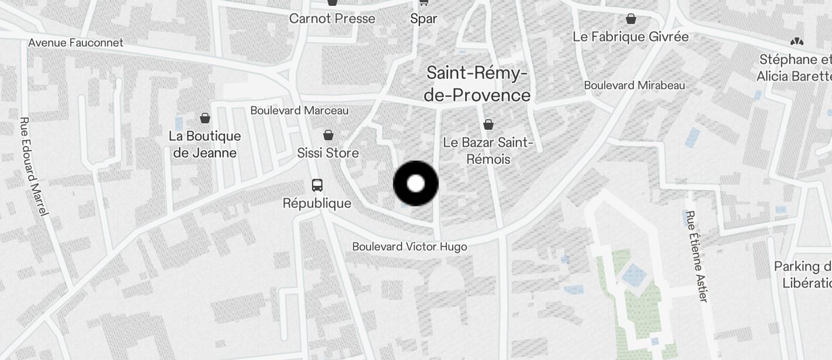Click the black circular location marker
pyautogui.click(x=415, y=184)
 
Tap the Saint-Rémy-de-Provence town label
pyautogui.click(x=477, y=84)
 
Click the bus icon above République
pyautogui.click(x=317, y=185)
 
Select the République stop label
pyautogui.click(x=317, y=203)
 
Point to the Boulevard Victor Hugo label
pyautogui.click(x=410, y=247)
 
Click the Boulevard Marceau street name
pyautogui.click(x=299, y=110)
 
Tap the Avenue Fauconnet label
pyautogui.click(x=76, y=43)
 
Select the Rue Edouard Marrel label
pyautogui.click(x=33, y=167)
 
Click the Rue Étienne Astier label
pyautogui.click(x=696, y=256)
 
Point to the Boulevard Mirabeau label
pyautogui.click(x=635, y=85)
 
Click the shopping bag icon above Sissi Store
pyautogui.click(x=328, y=136)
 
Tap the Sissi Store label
pyautogui.click(x=328, y=153)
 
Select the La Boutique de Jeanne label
pyautogui.click(x=205, y=144)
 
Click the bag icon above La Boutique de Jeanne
pyautogui.click(x=205, y=119)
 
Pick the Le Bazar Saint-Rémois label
pyautogui.click(x=488, y=151)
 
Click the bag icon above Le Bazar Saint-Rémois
pyautogui.click(x=488, y=124)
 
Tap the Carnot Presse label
pyautogui.click(x=332, y=18)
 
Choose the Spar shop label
pyautogui.click(x=424, y=18)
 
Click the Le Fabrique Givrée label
pyautogui.click(x=631, y=37)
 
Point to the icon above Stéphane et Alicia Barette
pyautogui.click(x=796, y=41)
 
